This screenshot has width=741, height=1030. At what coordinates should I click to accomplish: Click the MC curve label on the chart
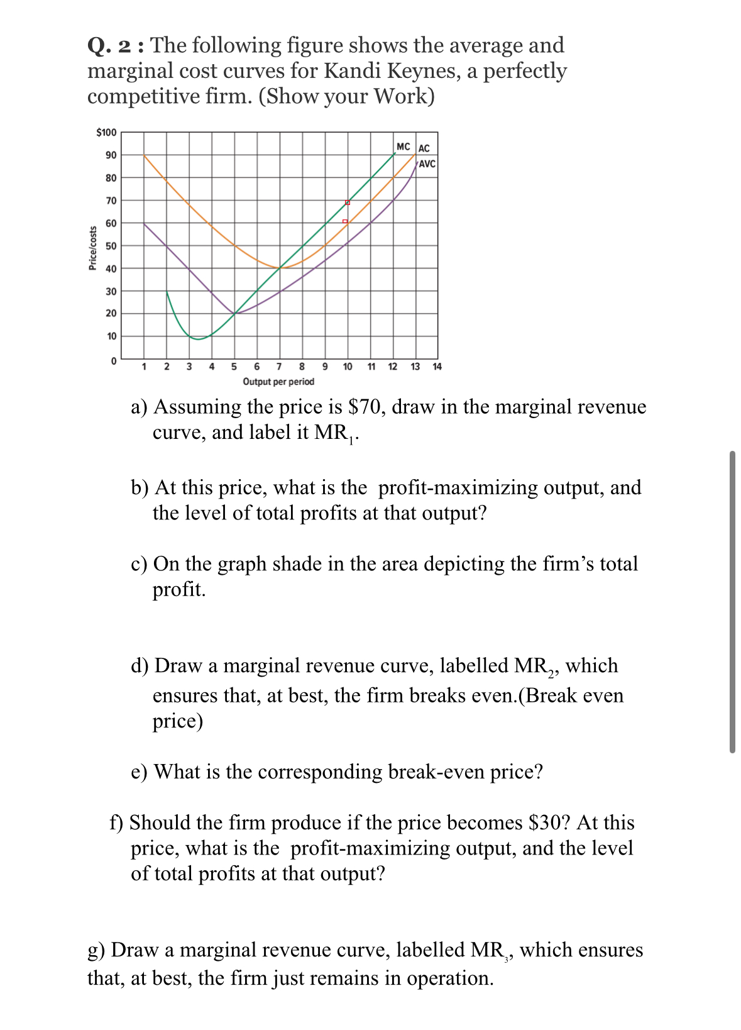pos(403,147)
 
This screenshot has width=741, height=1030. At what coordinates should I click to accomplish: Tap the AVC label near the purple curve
pos(427,163)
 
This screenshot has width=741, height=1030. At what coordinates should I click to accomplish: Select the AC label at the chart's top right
pos(424,148)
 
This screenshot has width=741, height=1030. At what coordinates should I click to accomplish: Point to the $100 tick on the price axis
pos(106,132)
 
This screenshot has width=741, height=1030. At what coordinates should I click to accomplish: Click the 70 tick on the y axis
pos(111,201)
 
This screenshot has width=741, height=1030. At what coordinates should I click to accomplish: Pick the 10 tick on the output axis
pos(347,367)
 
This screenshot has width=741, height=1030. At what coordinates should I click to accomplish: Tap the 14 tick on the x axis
pos(437,367)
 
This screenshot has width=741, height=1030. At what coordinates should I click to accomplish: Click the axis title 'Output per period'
pos(278,382)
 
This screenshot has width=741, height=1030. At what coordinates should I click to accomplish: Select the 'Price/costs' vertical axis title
pos(93,248)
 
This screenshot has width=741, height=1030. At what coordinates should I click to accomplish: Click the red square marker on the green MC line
pos(348,202)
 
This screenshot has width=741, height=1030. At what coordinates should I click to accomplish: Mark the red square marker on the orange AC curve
pos(345,221)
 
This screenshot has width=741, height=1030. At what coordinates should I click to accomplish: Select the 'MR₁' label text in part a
pos(335,433)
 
